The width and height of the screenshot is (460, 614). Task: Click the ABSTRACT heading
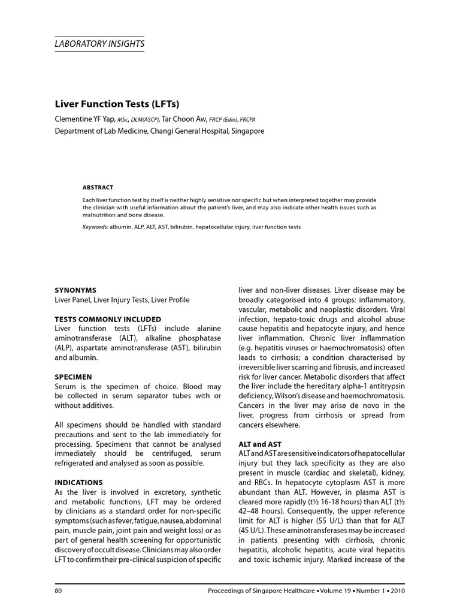point(98,188)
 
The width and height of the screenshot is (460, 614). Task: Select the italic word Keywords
point(95,227)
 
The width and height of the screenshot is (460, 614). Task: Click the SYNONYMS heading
point(75,290)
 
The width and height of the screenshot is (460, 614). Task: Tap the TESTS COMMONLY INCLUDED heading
point(108,319)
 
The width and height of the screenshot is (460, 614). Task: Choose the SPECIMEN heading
point(73,377)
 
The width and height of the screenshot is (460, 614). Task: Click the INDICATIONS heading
point(78,482)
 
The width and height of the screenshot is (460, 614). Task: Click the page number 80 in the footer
point(58,592)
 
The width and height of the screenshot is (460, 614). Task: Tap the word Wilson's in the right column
point(290,396)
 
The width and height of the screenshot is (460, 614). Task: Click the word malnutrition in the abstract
point(101,215)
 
